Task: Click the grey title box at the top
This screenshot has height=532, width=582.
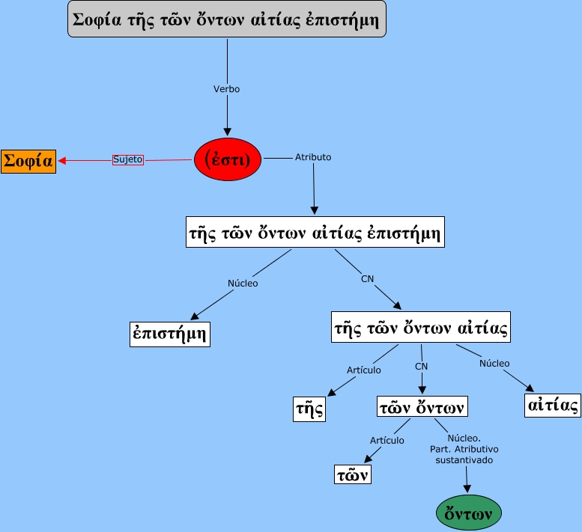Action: tap(226, 20)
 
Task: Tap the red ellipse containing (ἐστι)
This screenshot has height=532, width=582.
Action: tap(227, 159)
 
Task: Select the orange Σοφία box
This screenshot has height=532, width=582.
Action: tap(28, 161)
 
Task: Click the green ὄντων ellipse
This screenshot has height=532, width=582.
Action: tap(468, 514)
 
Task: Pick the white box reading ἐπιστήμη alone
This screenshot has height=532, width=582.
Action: tap(169, 334)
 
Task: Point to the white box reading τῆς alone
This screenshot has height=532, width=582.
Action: tap(309, 409)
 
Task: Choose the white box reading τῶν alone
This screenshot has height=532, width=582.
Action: tap(352, 474)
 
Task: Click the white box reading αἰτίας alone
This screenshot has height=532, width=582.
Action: tap(553, 405)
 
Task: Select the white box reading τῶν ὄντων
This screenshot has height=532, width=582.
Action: tap(422, 407)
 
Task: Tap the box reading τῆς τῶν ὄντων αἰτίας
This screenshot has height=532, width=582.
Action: tap(421, 327)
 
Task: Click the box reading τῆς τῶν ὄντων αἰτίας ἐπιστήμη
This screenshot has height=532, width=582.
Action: tap(315, 232)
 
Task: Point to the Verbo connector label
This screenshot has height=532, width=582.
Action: tap(226, 88)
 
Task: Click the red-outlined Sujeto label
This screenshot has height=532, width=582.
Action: tap(127, 159)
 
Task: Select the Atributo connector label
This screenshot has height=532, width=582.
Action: tap(313, 157)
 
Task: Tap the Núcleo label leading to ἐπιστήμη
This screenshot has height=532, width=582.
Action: tap(243, 284)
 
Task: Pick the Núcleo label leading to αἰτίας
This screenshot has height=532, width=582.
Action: tap(494, 364)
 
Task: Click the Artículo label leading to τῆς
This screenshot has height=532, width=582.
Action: tap(363, 370)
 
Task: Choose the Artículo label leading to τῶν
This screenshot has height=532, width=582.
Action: tap(387, 441)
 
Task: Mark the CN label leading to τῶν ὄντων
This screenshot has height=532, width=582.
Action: tap(422, 367)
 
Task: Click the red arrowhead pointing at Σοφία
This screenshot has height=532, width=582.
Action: tap(63, 160)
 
